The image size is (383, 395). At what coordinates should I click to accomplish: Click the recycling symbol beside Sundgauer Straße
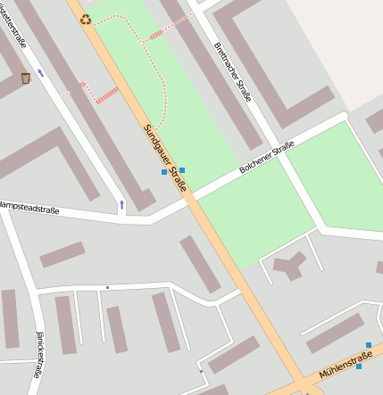pos(86,19)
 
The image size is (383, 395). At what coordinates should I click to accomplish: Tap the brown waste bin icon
pos(25,78)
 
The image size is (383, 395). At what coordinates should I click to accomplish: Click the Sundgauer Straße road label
pos(165,158)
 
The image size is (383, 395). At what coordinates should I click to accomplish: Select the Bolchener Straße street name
pos(267,160)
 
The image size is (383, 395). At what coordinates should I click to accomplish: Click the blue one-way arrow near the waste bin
pos(40,97)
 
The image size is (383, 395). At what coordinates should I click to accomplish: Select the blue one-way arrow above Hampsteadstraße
pos(121,205)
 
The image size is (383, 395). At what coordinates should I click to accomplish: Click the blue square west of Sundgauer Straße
pos(163,172)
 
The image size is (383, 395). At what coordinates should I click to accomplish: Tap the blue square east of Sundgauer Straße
pos(182,169)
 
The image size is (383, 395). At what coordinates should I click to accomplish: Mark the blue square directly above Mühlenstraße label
pos(359,366)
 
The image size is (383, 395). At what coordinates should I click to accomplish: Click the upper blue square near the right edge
pos(368,345)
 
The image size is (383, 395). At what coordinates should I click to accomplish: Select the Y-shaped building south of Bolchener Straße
pos(289,264)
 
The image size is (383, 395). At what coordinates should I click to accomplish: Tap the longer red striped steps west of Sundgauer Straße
pos(106,95)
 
